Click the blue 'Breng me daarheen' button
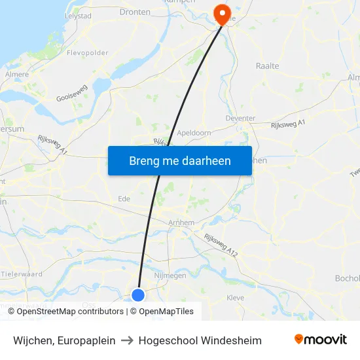(x=179, y=161)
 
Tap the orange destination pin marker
(x=223, y=13)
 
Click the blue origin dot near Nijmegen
(x=138, y=295)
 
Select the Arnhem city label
(x=181, y=223)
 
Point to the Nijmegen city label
(x=170, y=276)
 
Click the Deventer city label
(x=240, y=118)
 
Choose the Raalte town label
(x=267, y=66)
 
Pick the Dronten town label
(x=135, y=12)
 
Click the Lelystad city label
(x=79, y=15)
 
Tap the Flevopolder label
(x=88, y=54)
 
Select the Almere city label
(x=17, y=75)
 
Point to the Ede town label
(x=124, y=199)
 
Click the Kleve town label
(x=235, y=298)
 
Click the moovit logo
(x=321, y=340)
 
